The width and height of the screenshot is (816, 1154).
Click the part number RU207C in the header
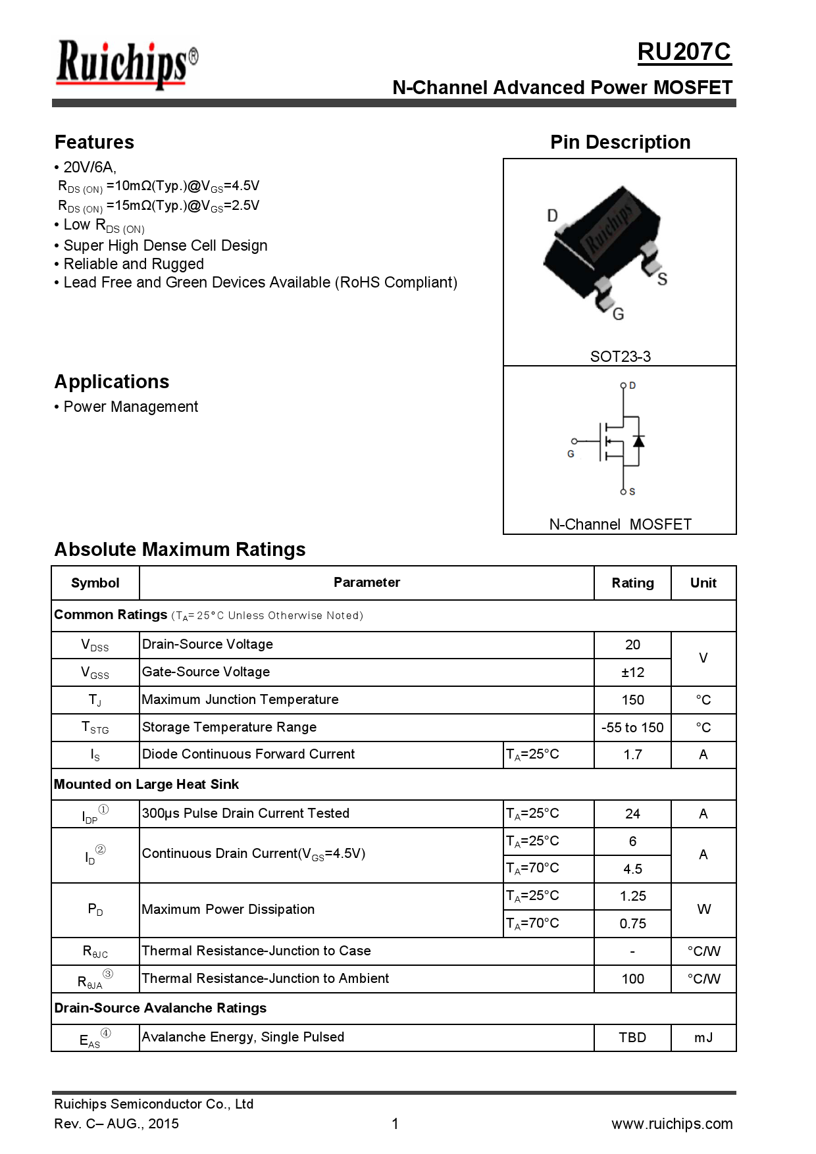(684, 52)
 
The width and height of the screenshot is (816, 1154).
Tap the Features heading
(94, 142)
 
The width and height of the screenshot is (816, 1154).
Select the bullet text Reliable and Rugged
(134, 264)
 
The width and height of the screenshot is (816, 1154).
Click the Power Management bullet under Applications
(130, 407)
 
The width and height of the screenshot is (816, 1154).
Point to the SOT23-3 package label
(620, 357)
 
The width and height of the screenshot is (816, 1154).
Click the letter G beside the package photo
(618, 314)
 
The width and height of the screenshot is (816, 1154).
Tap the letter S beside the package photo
(662, 279)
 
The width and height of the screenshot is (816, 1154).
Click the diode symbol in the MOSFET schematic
(638, 441)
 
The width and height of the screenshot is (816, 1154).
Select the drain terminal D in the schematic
(632, 386)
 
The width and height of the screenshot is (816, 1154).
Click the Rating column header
(632, 583)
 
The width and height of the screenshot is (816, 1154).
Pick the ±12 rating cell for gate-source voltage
(632, 672)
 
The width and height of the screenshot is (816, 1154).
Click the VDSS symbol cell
(95, 645)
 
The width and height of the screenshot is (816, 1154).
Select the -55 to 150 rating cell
(632, 728)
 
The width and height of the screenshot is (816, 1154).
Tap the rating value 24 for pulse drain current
(632, 814)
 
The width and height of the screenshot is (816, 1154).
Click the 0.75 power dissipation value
(632, 924)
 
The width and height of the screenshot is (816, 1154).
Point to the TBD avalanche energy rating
(632, 1038)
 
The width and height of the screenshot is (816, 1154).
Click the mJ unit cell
(703, 1038)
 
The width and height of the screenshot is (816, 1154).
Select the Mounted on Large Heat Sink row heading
(146, 784)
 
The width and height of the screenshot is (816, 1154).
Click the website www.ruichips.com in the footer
(671, 1124)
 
